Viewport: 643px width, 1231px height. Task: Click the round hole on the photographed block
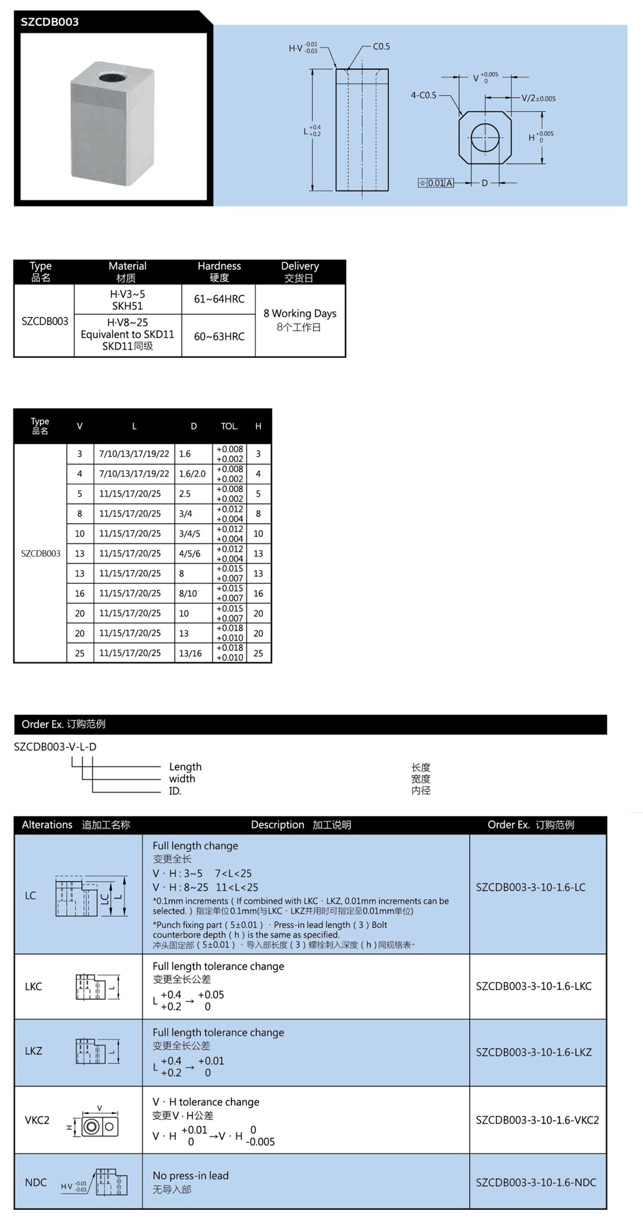(113, 78)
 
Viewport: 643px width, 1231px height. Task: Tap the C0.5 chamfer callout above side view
(381, 46)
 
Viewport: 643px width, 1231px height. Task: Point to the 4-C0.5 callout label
(423, 95)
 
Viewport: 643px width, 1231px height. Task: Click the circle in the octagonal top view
(485, 137)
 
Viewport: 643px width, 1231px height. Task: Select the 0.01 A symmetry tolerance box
(436, 183)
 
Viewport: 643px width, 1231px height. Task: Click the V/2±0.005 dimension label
(538, 98)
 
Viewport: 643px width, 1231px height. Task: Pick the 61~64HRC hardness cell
(219, 299)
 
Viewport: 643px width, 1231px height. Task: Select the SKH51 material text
(127, 306)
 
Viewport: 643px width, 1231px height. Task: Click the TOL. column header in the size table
(230, 426)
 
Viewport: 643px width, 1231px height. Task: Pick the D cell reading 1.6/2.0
(192, 474)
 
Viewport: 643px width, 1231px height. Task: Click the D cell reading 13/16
(190, 653)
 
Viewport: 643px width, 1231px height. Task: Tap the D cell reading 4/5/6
(190, 553)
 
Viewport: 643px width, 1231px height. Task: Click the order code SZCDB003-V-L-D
(55, 747)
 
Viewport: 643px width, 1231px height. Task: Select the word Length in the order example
(185, 766)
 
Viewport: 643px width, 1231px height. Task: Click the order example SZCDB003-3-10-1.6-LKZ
(533, 1052)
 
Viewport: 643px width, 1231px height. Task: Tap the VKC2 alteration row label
(37, 1120)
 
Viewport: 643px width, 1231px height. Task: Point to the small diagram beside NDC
(111, 1182)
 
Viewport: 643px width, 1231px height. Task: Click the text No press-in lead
(190, 1175)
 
